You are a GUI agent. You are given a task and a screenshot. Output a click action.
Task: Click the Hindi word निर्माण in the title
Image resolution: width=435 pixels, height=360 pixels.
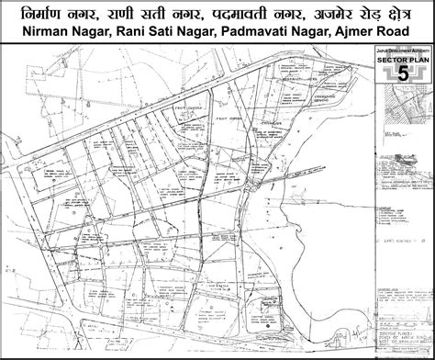pos(40,13)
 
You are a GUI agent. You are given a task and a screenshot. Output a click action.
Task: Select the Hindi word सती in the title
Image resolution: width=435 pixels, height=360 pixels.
pos(171,13)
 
